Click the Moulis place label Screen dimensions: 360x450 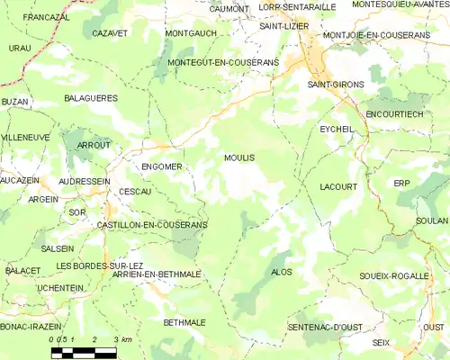tap(238, 157)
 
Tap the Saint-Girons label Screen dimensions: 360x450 tap(336, 84)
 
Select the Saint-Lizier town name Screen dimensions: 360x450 tap(284, 26)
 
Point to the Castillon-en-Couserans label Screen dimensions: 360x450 tap(152, 224)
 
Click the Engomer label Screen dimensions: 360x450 tap(162, 166)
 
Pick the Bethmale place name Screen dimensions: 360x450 tap(184, 321)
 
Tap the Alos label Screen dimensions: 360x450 tap(281, 272)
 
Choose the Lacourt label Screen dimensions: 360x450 tap(338, 187)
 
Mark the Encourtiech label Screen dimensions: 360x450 tap(396, 115)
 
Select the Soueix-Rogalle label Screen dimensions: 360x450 tap(392, 275)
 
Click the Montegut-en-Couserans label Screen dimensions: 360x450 tap(223, 62)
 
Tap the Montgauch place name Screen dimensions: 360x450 tap(191, 33)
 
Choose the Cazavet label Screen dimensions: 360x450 tap(110, 33)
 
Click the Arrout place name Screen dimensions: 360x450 tap(94, 145)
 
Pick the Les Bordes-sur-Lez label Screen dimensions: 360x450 tap(100, 265)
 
